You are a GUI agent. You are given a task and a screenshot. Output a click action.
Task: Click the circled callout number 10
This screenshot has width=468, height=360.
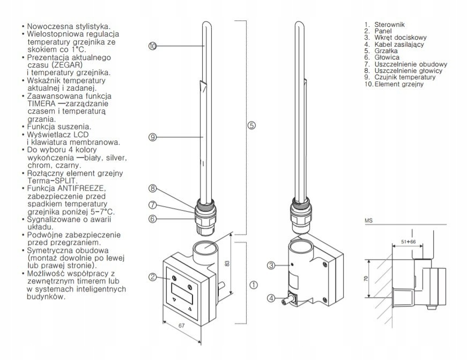(x=153, y=46)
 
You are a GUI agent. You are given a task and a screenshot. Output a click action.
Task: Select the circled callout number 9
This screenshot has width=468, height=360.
(x=153, y=138)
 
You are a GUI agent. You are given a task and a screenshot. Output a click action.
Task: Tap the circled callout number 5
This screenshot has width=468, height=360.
(x=252, y=125)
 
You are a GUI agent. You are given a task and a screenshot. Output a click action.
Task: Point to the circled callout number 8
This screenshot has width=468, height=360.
(x=153, y=188)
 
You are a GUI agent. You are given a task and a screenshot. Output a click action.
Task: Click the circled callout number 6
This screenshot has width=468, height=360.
(x=153, y=218)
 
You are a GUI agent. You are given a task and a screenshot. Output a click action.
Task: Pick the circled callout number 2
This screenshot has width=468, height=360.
(x=153, y=276)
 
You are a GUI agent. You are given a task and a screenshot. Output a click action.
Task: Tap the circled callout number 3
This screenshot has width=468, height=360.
(x=271, y=265)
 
